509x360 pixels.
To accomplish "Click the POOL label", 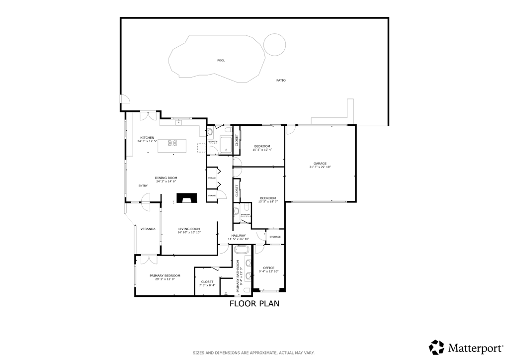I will pos(221,60).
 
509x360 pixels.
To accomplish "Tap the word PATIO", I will pos(281,80).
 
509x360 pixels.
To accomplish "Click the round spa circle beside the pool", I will pos(274,44).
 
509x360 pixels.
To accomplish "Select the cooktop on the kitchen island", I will pos(172,143).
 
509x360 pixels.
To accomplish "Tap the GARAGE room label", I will pos(320,163).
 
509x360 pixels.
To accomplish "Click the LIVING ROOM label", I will pos(189,229).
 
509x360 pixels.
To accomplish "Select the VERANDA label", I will pos(148,229).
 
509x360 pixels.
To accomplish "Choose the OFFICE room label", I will pos(268,268).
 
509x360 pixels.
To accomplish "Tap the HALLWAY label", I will pos(239,235).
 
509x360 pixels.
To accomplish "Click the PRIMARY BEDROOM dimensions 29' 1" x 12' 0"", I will pos(165,279).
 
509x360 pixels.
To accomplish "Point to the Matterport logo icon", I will pos(436,347).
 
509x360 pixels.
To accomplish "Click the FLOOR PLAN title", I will pos(254,303).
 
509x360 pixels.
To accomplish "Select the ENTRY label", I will pos(143,186).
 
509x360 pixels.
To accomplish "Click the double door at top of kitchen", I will pos(148,115).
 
